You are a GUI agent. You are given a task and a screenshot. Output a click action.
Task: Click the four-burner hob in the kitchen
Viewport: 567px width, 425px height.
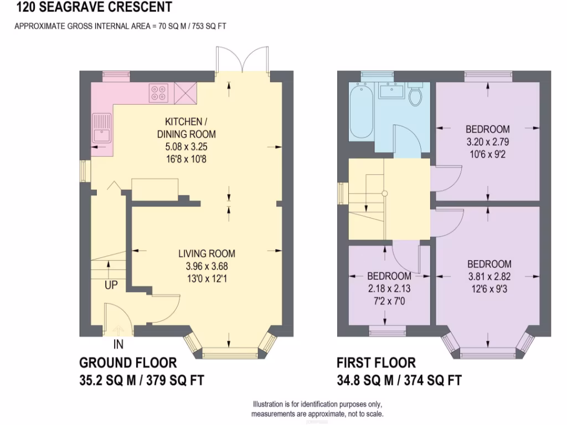click(x=158, y=92)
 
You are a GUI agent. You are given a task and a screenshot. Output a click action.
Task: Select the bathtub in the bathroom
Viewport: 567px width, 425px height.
click(x=360, y=111)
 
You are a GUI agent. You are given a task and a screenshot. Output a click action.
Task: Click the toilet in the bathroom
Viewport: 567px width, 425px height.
click(x=415, y=95)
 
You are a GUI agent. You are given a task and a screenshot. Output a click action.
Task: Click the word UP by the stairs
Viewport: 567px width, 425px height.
click(x=111, y=286)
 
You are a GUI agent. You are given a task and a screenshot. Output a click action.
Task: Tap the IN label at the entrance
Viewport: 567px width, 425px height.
click(x=118, y=345)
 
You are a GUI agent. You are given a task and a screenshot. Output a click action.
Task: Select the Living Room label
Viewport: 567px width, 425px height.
click(x=207, y=254)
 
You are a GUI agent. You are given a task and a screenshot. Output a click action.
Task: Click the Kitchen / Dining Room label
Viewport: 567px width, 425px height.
click(x=187, y=127)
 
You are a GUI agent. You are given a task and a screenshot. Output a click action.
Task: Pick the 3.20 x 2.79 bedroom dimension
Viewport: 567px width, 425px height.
click(x=487, y=142)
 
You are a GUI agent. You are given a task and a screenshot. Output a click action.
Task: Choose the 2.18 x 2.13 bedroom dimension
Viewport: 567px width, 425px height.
click(x=389, y=288)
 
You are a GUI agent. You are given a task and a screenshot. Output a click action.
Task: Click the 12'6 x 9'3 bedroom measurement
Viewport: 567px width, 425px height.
click(x=488, y=288)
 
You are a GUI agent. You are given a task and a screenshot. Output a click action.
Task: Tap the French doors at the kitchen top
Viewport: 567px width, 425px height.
click(x=243, y=60)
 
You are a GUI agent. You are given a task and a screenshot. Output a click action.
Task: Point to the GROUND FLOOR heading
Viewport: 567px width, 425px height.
click(x=128, y=363)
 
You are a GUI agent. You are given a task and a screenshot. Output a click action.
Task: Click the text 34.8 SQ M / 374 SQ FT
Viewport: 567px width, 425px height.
click(x=399, y=381)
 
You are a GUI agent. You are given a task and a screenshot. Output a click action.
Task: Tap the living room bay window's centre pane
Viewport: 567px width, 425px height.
click(x=230, y=352)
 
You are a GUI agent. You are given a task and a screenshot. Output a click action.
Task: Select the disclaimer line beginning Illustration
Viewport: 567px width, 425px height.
click(x=317, y=405)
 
